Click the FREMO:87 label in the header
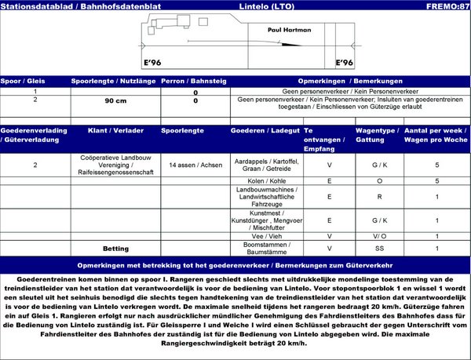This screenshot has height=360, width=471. pos(447,6)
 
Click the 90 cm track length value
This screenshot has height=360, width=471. pos(105,101)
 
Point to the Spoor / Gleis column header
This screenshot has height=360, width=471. pos(23,81)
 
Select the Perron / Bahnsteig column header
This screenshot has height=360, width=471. pos(195,81)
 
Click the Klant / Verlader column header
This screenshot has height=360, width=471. pos(115,131)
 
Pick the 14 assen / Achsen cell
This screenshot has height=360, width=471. pos(195,166)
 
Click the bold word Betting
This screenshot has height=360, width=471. pos(115,248)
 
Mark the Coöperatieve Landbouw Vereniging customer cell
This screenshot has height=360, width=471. pos(115,166)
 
